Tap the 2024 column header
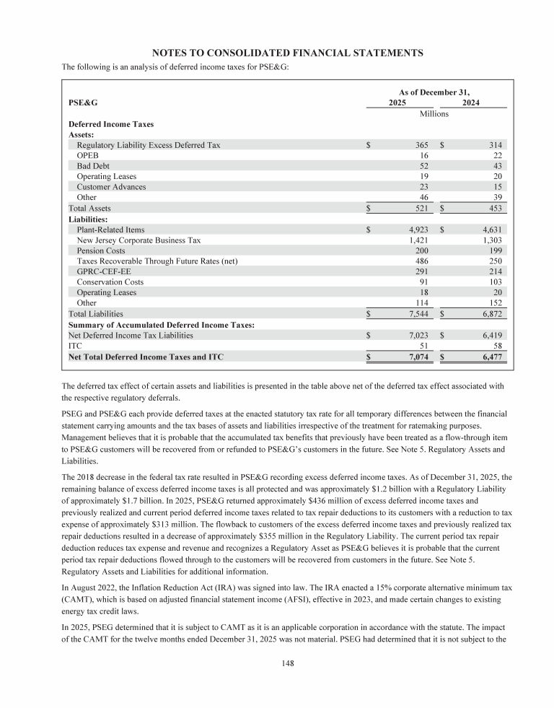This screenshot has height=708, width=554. [x=471, y=103]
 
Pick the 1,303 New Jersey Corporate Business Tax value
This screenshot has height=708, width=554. [x=493, y=240]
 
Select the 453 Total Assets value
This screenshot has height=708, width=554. [x=497, y=208]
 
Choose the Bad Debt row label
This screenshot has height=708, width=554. [x=93, y=166]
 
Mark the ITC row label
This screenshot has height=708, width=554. [x=74, y=346]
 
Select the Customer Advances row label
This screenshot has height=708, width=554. [x=111, y=187]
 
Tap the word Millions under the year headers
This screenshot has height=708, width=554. [x=434, y=114]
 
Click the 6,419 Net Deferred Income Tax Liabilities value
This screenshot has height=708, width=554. [x=493, y=335]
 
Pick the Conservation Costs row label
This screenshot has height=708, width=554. [x=110, y=282]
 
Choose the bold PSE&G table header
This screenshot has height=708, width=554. [x=83, y=103]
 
